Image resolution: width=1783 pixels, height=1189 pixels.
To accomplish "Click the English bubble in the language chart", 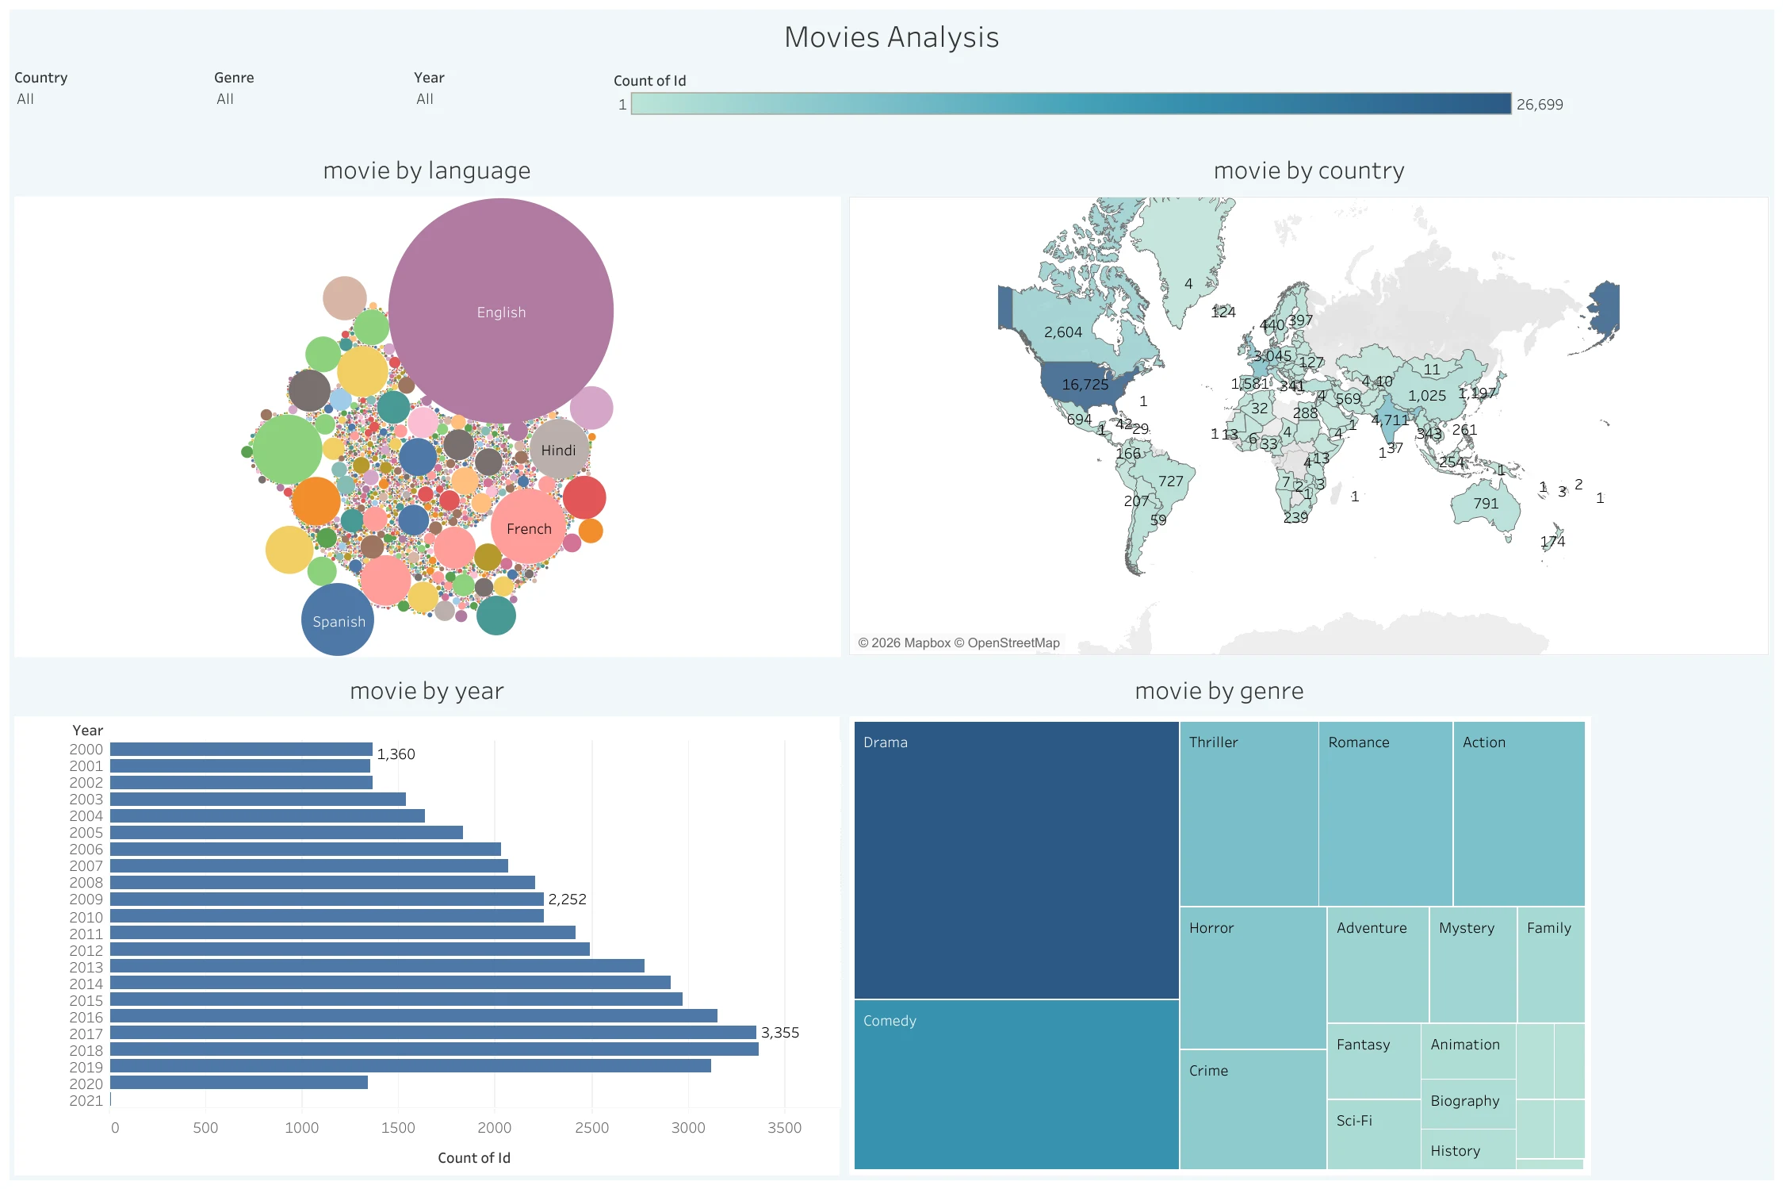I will pos(500,311).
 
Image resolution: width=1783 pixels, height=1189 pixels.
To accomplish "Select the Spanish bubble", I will pos(338,620).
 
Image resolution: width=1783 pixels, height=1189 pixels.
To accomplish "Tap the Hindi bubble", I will pos(559,450).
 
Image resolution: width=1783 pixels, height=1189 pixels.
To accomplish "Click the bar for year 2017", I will pos(432,1033).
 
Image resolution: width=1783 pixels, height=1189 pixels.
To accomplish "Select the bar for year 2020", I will pos(238,1083).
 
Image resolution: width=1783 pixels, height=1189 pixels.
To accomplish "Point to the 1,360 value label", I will pos(396,754).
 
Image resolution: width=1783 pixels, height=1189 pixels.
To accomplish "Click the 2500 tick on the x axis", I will pos(591,1127).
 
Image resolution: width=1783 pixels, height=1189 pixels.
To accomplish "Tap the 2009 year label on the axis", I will pos(86,899).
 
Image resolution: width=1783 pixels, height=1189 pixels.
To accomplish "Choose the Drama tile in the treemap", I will pos(1016,859).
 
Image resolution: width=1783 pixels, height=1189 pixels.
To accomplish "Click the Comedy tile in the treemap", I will pos(1016,1084).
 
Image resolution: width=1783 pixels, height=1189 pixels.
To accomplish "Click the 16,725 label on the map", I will pos(1085,385).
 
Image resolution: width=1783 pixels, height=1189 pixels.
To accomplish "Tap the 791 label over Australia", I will pos(1485,504).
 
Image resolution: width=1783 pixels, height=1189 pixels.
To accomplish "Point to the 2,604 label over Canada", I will pos(1062,332).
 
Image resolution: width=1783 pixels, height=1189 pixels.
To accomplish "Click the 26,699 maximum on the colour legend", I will pos(1539,104).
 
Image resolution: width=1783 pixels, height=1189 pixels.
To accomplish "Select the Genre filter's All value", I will pos(225,99).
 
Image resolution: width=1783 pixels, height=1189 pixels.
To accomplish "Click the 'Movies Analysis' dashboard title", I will pos(891,37).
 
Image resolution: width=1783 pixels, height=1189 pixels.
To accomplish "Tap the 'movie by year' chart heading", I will pos(427,691).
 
